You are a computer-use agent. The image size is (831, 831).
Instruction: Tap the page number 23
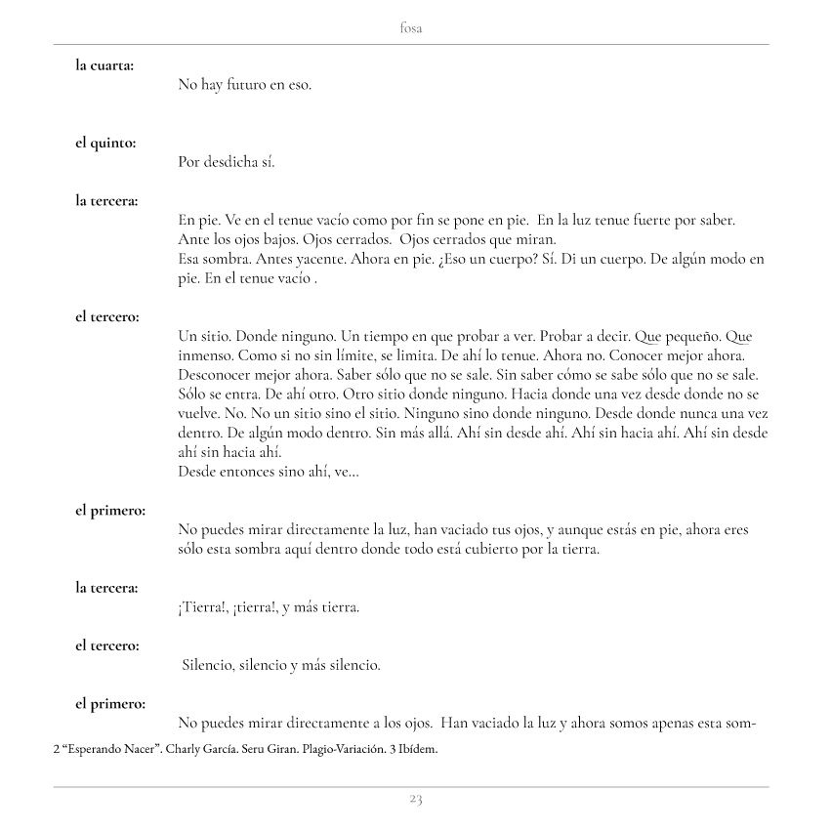click(x=415, y=800)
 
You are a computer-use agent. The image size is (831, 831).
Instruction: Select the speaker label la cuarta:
click(x=105, y=65)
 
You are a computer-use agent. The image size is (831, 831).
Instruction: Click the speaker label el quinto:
click(x=105, y=143)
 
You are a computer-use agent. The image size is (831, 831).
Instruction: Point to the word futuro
click(x=240, y=85)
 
